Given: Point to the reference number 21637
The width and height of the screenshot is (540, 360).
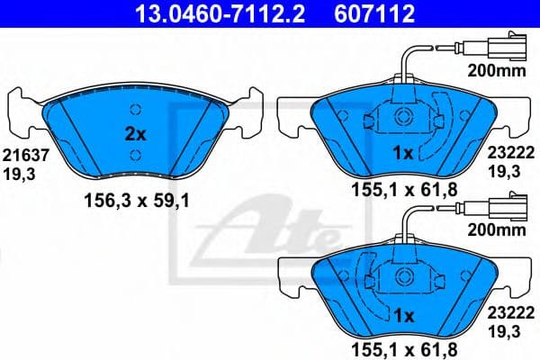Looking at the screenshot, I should [x=19, y=155].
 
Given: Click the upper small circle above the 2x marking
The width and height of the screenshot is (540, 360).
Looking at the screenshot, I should [x=134, y=111].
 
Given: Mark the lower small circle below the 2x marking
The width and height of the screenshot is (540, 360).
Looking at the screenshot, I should [x=134, y=156].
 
